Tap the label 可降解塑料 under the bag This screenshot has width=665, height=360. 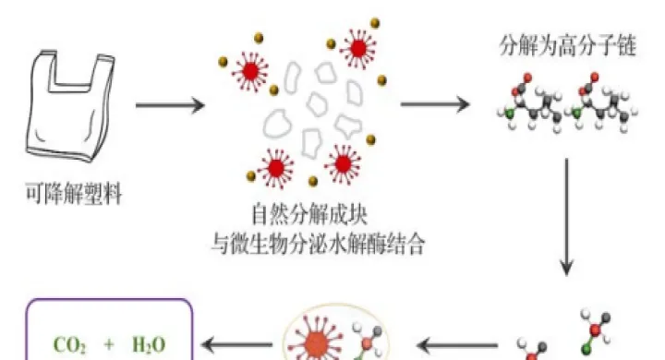click(71, 195)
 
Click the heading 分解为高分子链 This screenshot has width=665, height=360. click(567, 46)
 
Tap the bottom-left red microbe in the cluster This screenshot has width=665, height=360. click(274, 169)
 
